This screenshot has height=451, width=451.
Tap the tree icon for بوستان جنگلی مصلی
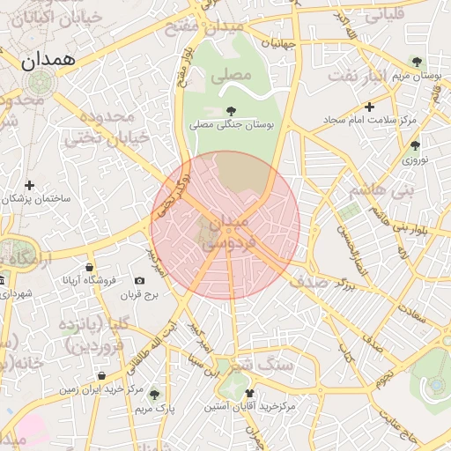point(231,110)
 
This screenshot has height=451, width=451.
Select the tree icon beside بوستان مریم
point(417,62)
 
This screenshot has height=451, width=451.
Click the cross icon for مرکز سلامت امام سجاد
point(369,107)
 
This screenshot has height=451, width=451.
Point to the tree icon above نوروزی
point(415,145)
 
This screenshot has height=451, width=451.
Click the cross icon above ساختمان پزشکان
point(30,185)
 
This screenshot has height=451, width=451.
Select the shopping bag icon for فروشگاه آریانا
point(89,267)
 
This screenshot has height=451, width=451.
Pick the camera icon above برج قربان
point(139,280)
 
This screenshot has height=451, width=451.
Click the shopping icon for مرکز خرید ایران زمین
point(102,375)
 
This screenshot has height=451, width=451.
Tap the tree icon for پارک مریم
point(155,394)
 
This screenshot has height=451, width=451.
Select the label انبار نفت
point(371,77)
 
